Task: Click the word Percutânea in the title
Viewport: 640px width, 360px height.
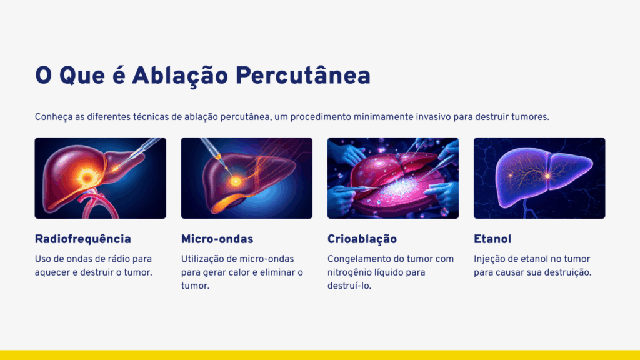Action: (303, 76)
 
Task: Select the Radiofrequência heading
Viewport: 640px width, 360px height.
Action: (83, 239)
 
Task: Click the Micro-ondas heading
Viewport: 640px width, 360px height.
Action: (217, 239)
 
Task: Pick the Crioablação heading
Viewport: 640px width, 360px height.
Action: (362, 239)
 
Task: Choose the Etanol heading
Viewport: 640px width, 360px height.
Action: (492, 239)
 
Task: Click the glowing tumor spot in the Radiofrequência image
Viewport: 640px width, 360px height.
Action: (87, 177)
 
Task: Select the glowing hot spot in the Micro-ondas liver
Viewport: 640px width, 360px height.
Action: (236, 181)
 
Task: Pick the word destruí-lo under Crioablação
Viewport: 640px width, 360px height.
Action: (349, 286)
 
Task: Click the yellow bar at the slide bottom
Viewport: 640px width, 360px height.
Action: (320, 355)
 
